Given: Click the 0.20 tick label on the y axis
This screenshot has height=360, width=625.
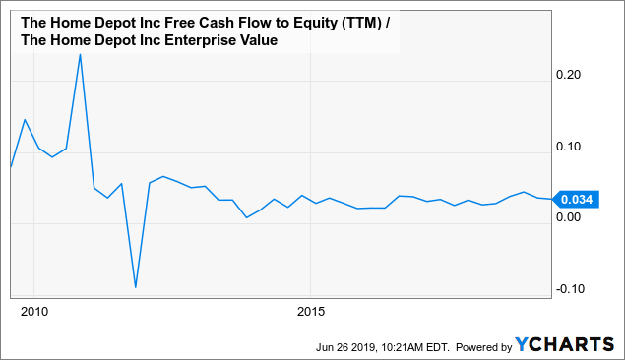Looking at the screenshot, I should click(574, 75).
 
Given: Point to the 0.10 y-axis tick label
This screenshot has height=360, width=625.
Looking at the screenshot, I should click(574, 146).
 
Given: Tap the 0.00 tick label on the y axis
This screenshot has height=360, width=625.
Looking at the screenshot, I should click(574, 216).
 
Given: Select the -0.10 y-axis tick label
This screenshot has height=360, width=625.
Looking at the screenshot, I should click(572, 288).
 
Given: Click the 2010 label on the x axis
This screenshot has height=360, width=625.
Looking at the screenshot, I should click(33, 312).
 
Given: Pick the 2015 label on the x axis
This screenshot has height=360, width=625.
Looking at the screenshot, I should click(310, 312).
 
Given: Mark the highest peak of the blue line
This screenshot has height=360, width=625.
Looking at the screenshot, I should click(80, 54).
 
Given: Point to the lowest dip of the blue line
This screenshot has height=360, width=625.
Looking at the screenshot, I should click(135, 287).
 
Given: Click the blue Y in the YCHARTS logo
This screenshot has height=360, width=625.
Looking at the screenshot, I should click(523, 345).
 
